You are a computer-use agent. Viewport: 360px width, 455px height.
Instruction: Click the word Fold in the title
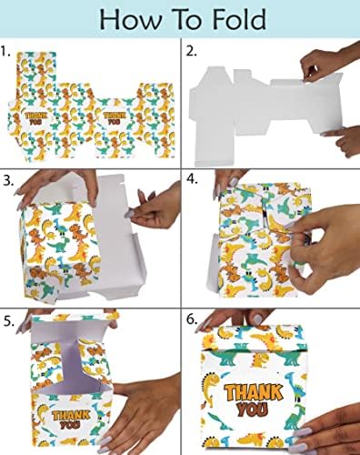pyautogui.click(x=239, y=19)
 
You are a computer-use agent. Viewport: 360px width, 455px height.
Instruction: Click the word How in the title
pyautogui.click(x=130, y=19)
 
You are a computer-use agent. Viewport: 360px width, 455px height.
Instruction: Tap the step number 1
pyautogui.click(x=5, y=51)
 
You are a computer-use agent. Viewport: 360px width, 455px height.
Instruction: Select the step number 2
pyautogui.click(x=191, y=51)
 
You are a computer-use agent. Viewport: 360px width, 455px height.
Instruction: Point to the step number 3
pyautogui.click(x=8, y=180)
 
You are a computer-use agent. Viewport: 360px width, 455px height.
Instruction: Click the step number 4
pyautogui.click(x=192, y=179)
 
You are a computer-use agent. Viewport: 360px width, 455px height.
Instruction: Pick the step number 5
pyautogui.click(x=9, y=321)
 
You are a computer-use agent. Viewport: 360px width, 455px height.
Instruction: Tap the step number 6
pyautogui.click(x=192, y=319)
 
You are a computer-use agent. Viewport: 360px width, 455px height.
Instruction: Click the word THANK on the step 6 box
pyautogui.click(x=254, y=392)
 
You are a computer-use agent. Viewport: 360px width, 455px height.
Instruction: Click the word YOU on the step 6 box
pyautogui.click(x=253, y=409)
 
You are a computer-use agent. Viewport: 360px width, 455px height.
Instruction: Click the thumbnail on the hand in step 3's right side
pyautogui.click(x=129, y=214)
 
